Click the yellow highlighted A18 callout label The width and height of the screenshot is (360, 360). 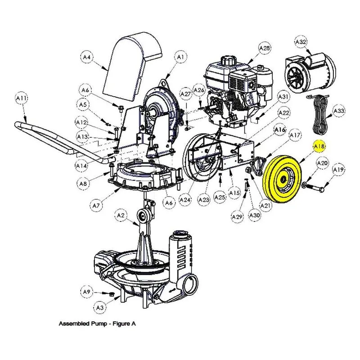click(x=319, y=146)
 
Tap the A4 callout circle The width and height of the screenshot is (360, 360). click(x=86, y=57)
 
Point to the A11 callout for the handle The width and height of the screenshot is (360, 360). click(x=22, y=98)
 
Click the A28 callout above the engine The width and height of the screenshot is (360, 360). click(x=265, y=48)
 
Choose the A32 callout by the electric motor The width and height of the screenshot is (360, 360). click(x=301, y=42)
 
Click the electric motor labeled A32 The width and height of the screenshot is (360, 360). click(x=310, y=72)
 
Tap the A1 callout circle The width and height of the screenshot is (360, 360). click(x=181, y=57)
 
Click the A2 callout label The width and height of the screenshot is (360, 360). click(x=121, y=216)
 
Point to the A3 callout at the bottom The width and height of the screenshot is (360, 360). click(x=100, y=308)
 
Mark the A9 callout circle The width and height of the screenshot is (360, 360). click(x=86, y=292)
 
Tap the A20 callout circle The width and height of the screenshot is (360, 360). click(x=322, y=163)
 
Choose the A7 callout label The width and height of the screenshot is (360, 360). click(x=96, y=206)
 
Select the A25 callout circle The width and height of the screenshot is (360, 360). click(x=220, y=197)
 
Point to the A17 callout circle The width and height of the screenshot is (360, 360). click(x=295, y=135)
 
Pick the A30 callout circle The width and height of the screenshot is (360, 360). click(x=255, y=215)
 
